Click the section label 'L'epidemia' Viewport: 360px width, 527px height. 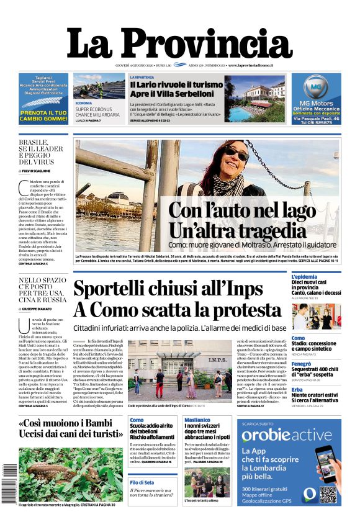[x=305, y=276]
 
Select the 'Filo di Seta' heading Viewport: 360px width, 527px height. [x=142, y=482]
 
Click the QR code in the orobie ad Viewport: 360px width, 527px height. [x=328, y=494]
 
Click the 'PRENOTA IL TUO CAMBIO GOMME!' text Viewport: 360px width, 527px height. [x=43, y=115]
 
